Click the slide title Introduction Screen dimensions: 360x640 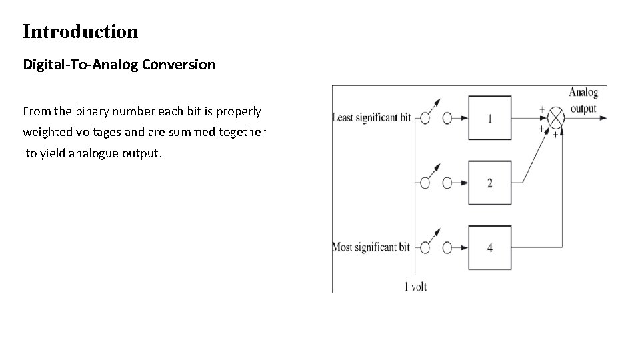click(80, 31)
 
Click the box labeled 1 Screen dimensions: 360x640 click(490, 118)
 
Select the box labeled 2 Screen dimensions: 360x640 click(490, 183)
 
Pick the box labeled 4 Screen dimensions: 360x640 click(490, 247)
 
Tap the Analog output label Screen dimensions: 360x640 click(583, 100)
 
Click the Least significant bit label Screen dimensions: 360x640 click(371, 118)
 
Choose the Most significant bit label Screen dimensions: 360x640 click(371, 247)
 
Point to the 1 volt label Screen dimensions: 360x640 click(415, 287)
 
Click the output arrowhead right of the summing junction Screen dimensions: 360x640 click(603, 118)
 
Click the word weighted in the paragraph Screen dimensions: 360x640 click(45, 132)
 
